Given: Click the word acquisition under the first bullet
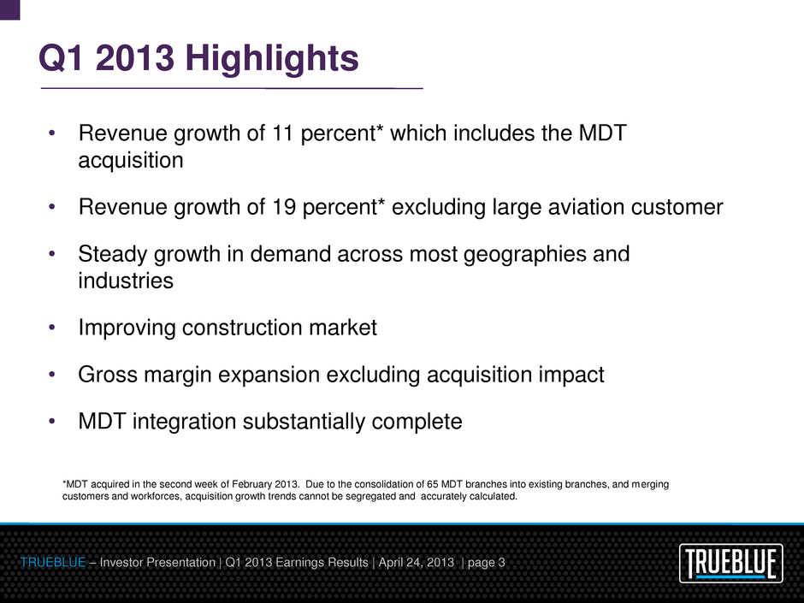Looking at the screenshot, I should [131, 161].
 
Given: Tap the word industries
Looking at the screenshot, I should [126, 281].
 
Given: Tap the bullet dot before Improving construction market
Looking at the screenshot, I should [53, 328].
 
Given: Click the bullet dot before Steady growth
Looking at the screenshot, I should [53, 254].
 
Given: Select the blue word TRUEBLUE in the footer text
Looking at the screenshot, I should [50, 562].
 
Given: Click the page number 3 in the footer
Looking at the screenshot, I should [501, 562].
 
